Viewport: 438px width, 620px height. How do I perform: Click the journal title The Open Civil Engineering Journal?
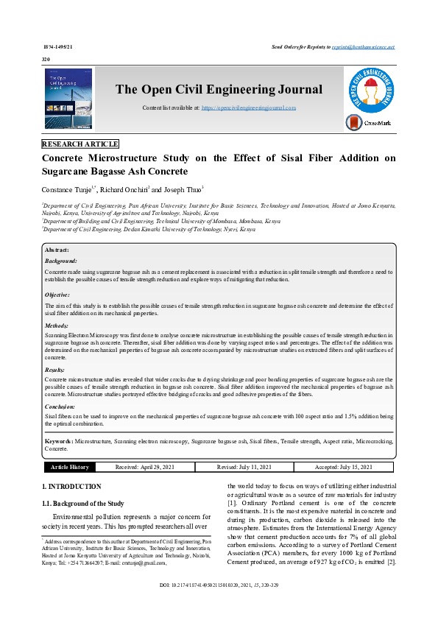tap(219, 90)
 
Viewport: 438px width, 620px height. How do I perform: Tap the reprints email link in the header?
tap(363, 46)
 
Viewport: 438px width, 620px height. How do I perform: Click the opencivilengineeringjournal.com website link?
tap(249, 108)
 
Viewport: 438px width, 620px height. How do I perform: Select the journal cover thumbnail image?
tap(69, 99)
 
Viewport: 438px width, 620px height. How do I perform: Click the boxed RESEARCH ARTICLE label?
tap(80, 144)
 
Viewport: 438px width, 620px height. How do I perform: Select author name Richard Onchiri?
tap(121, 190)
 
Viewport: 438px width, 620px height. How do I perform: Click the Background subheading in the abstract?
tap(61, 261)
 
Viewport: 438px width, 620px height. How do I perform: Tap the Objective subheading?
tap(57, 295)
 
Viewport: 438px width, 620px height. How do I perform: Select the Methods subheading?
tap(57, 325)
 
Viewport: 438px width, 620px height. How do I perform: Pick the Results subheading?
tap(55, 370)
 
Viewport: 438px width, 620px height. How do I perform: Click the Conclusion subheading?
tap(60, 406)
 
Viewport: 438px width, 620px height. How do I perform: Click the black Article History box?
tap(70, 467)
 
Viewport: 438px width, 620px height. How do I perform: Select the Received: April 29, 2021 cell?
tap(146, 467)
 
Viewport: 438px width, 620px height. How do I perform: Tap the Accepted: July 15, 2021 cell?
tap(343, 467)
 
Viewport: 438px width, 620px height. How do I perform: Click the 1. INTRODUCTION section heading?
tap(71, 487)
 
